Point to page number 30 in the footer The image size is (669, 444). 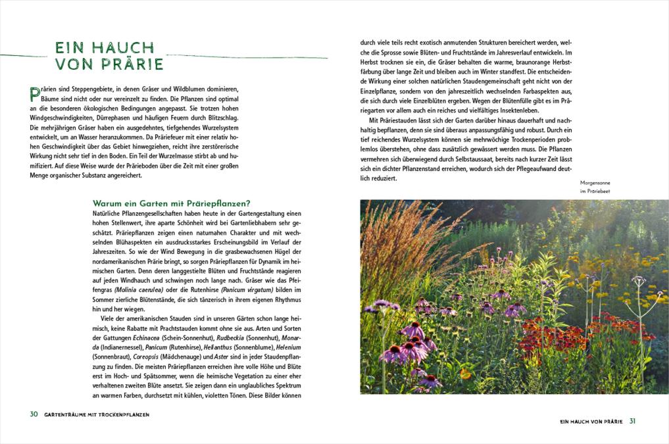pyautogui.click(x=34, y=414)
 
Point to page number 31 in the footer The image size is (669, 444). pyautogui.click(x=632, y=421)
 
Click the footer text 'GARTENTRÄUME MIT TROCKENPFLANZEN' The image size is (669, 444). pyautogui.click(x=97, y=415)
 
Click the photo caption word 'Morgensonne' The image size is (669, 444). pyautogui.click(x=595, y=183)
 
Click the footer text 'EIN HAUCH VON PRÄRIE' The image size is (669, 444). pyautogui.click(x=590, y=421)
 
